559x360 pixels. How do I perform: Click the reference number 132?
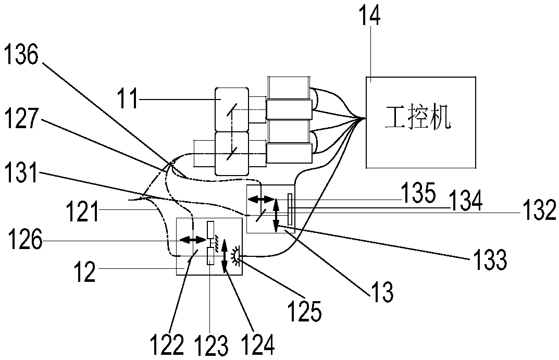[x=538, y=213]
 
